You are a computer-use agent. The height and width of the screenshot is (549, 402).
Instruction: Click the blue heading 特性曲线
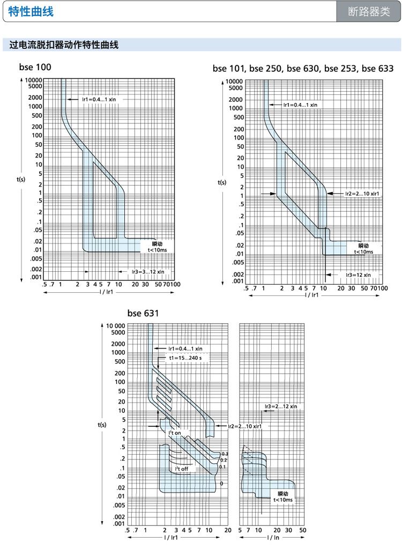coord(31,11)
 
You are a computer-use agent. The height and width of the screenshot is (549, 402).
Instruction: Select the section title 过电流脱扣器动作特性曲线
coord(64,45)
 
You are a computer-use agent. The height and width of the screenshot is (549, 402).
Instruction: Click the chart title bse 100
coord(35,68)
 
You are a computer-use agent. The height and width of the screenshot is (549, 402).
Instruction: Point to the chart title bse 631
coord(143,313)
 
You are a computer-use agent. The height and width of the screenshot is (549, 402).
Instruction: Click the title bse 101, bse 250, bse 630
coord(303,69)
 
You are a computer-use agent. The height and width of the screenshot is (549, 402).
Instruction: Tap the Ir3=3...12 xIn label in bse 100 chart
coord(148,271)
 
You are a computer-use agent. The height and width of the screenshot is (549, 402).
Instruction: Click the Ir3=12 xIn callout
coord(358,274)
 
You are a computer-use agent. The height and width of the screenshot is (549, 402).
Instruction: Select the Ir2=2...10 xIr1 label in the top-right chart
coord(363,193)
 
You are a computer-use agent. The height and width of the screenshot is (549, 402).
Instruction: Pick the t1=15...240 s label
coord(185,358)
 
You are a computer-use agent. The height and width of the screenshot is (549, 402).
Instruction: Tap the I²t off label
coord(182,469)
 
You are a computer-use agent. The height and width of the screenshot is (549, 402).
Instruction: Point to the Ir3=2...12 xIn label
coord(281,406)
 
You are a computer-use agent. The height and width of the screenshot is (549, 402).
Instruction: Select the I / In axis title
coord(272,537)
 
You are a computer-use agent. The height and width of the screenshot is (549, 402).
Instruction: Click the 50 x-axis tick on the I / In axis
coord(303,530)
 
